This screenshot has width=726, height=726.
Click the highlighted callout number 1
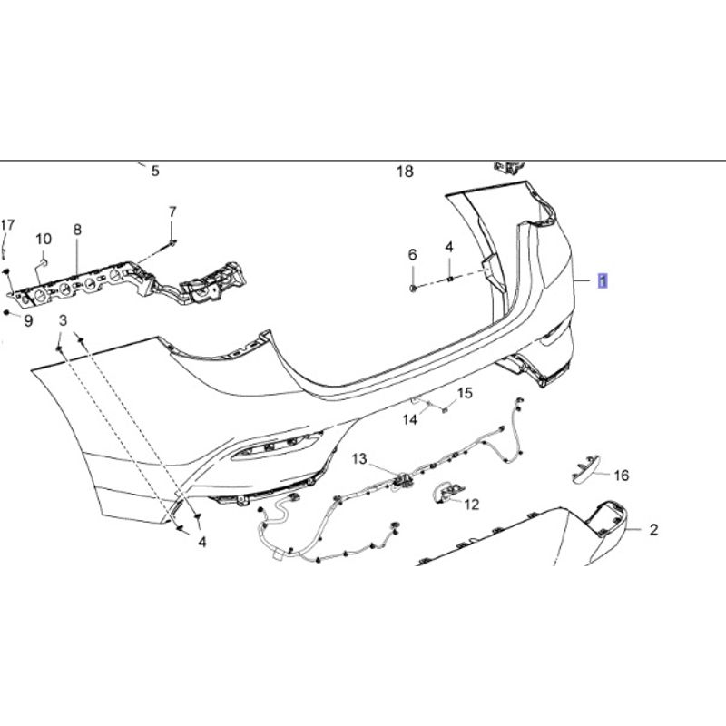(603, 281)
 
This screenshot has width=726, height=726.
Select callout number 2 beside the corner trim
(653, 530)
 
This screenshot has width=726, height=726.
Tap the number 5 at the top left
(154, 171)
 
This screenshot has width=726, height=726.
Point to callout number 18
(405, 172)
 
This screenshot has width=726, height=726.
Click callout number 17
(8, 225)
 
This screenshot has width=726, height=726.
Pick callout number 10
(44, 239)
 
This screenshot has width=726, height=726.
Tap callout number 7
(172, 211)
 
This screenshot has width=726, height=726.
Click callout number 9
(27, 320)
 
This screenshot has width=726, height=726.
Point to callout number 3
(63, 320)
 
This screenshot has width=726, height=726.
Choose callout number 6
(412, 253)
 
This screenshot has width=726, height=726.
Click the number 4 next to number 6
(448, 247)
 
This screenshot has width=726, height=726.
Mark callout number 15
(465, 393)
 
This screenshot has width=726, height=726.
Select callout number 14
(410, 419)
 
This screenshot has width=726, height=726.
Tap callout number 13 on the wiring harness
(360, 459)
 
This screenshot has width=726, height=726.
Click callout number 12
(472, 505)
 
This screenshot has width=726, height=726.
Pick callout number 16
(621, 475)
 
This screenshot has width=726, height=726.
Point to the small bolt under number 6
(413, 287)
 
